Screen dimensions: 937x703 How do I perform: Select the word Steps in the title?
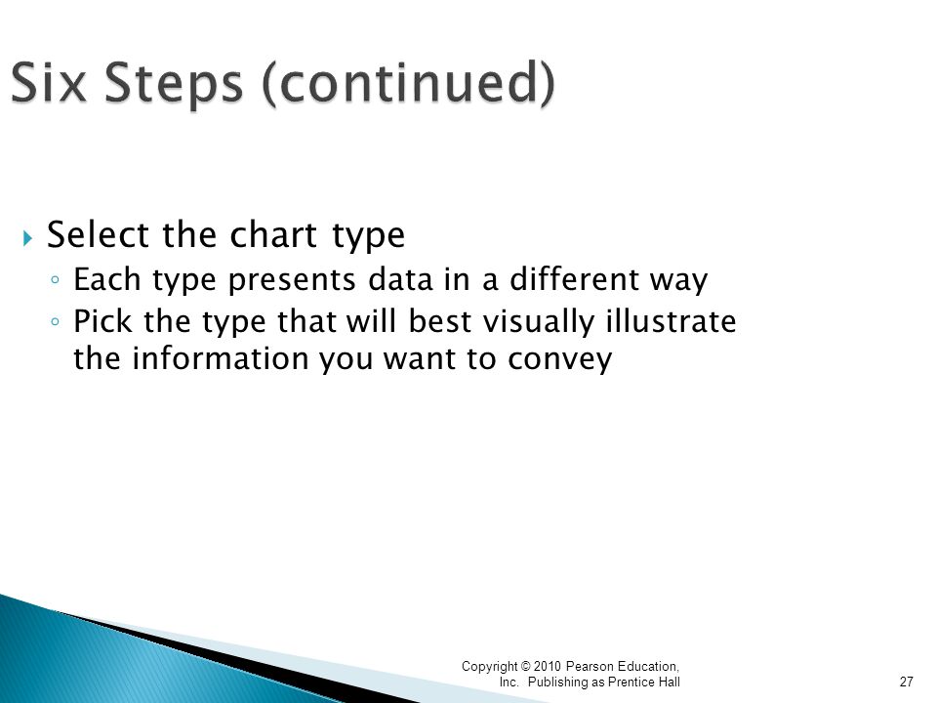pos(174,85)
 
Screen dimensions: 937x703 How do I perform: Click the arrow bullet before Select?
pos(27,238)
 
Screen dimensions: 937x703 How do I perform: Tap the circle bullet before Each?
pos(56,279)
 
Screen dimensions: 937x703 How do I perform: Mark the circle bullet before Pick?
pos(56,321)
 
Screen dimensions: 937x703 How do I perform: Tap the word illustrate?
pos(672,321)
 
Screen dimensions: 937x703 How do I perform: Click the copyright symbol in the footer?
pos(525,667)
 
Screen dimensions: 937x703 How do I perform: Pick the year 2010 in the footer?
pos(548,667)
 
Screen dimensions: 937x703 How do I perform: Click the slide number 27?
pos(906,682)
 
